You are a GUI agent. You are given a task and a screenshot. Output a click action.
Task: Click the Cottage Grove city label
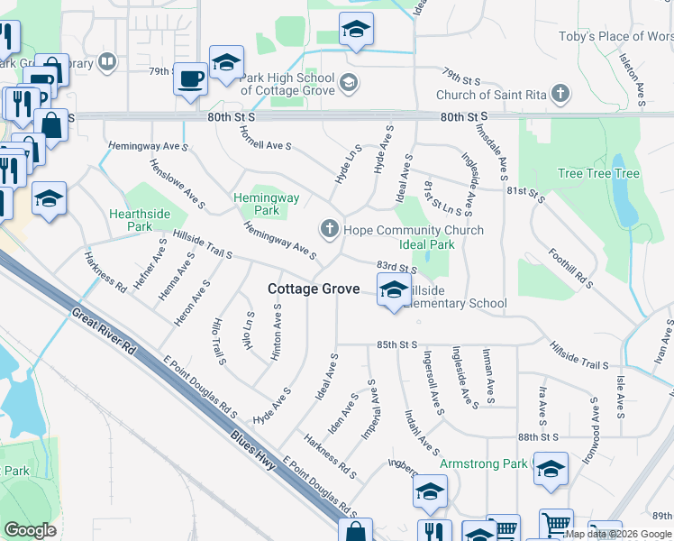pos(313,289)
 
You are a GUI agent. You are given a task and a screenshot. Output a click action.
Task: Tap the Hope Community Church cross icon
pos(330,229)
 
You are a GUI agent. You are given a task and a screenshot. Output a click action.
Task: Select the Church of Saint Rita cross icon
pos(560,94)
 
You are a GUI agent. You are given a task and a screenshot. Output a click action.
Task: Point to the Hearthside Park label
pos(140,220)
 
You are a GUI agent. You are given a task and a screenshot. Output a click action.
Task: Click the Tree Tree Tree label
pos(598,174)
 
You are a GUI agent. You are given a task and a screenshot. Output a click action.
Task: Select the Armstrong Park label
pos(483,463)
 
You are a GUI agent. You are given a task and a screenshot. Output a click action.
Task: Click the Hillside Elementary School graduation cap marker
pos(393,290)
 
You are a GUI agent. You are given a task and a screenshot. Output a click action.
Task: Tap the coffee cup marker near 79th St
pos(190,78)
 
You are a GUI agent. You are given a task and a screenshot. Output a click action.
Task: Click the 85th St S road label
pos(396,344)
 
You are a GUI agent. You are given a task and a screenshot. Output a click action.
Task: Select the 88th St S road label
pos(540,436)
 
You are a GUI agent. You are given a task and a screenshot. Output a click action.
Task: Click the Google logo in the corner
pos(30,529)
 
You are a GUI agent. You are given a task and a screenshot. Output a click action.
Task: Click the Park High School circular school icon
pos(349,85)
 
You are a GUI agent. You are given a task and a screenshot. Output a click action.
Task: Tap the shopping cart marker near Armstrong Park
pos(556,524)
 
